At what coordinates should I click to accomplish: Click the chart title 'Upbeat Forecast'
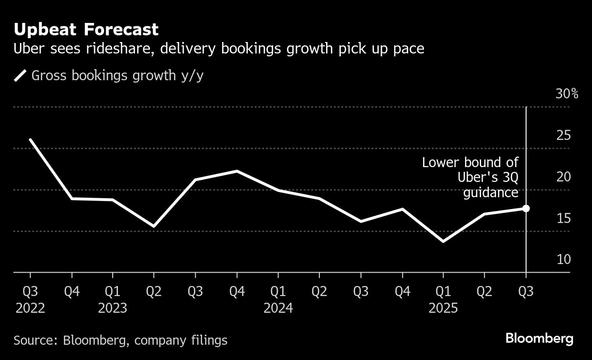(x=86, y=30)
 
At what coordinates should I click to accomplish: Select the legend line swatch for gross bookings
(x=21, y=75)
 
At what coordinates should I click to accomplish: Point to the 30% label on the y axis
(x=567, y=94)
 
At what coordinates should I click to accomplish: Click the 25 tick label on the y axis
(x=563, y=136)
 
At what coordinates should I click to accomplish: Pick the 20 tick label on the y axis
(x=563, y=177)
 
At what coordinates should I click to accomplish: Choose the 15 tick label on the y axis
(x=563, y=218)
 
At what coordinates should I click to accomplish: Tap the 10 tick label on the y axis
(x=563, y=260)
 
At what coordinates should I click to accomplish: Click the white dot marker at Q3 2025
(x=526, y=208)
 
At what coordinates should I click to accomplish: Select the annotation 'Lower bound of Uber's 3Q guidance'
(x=470, y=177)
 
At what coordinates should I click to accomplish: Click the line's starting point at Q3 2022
(x=31, y=139)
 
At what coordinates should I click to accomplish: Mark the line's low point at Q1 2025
(x=444, y=241)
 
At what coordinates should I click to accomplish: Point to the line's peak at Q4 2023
(x=237, y=171)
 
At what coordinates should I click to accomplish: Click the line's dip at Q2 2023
(x=154, y=226)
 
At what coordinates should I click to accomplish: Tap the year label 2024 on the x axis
(x=278, y=308)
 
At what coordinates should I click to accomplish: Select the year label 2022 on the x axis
(x=31, y=308)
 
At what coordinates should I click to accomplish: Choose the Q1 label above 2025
(x=444, y=292)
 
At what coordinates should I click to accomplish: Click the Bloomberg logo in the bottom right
(x=539, y=339)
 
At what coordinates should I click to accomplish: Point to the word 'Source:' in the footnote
(x=36, y=340)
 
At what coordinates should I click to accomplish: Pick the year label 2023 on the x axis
(x=113, y=308)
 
